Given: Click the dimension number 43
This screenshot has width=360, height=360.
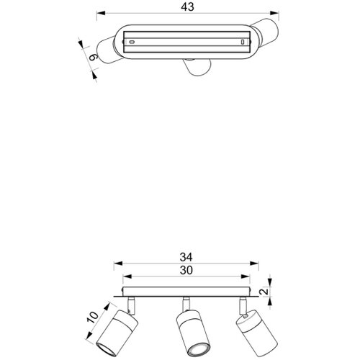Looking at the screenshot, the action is (x=187, y=6).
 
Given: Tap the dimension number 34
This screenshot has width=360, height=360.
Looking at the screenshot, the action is (x=186, y=257).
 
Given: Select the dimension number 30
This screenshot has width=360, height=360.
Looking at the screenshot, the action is (x=186, y=270).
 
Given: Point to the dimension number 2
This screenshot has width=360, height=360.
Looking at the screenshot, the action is (x=264, y=292).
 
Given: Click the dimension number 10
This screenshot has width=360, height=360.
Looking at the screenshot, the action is (x=93, y=318).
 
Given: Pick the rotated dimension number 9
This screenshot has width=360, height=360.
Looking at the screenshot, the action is (x=93, y=58).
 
